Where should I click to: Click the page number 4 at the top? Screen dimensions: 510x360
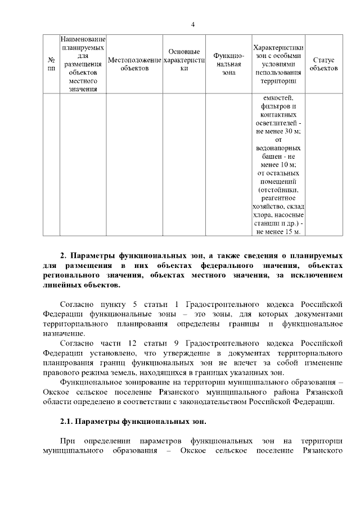coord(192,24)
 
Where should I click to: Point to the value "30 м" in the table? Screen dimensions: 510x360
coord(292,131)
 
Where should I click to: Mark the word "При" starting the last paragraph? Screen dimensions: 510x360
coord(67,441)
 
